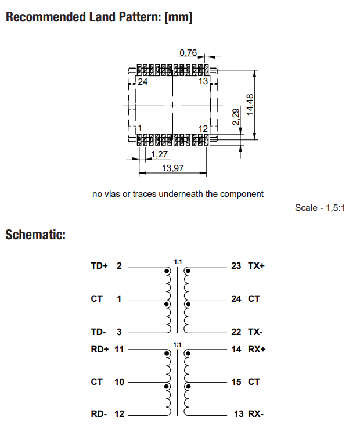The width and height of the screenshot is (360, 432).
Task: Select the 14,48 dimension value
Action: [250, 105]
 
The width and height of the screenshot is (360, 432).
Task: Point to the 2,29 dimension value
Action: [236, 117]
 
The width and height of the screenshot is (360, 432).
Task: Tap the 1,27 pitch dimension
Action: [159, 154]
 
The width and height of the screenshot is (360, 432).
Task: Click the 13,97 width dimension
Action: [172, 168]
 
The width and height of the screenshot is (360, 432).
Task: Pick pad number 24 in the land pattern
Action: [143, 82]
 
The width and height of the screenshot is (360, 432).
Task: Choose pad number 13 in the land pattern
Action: [203, 82]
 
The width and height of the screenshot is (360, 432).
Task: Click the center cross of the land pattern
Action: [172, 105]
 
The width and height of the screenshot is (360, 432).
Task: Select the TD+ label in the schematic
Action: [99, 266]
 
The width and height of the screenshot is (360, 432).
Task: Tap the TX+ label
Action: [256, 266]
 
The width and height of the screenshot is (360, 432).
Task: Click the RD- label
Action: [99, 415]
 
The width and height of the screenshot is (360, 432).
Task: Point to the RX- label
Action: [256, 415]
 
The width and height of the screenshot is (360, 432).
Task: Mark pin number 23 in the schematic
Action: [236, 266]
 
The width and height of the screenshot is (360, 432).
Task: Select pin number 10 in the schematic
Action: [118, 382]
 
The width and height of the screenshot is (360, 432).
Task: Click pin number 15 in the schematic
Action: [236, 382]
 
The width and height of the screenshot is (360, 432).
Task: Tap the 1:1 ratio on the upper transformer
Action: [178, 262]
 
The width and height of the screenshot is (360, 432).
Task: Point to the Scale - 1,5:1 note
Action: [321, 208]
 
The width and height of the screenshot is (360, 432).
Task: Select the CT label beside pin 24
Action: [254, 299]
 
